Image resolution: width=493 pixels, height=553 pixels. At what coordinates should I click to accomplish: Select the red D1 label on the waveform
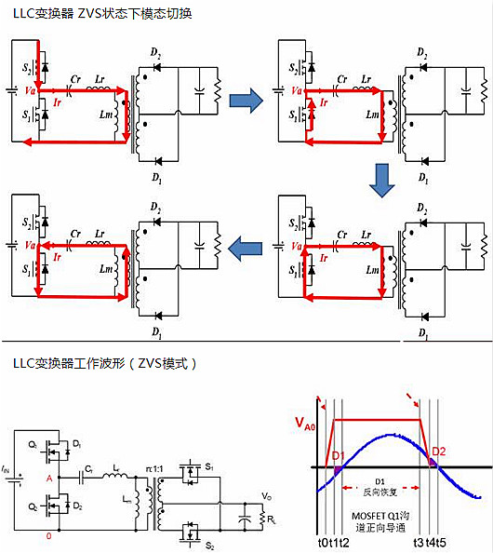[x=339, y=455]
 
